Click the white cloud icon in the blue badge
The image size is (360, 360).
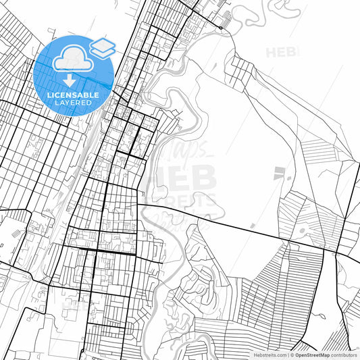(73, 59)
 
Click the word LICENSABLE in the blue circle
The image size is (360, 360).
(75, 95)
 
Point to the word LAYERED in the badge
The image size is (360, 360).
(75, 103)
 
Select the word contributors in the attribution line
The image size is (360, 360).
(343, 355)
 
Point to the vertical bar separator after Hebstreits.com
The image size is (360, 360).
(286, 355)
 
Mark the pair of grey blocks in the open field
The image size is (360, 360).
(278, 174)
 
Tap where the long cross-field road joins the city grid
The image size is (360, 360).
(138, 203)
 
